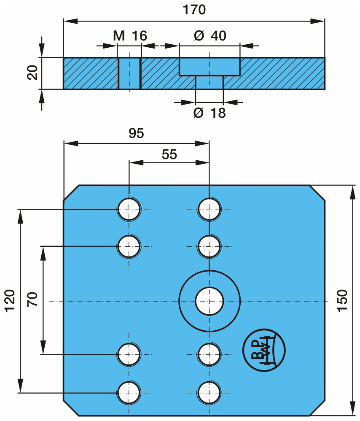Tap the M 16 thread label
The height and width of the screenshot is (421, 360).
coord(130,36)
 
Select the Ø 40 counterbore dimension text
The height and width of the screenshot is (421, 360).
coord(210,36)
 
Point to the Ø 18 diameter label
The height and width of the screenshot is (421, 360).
coord(210,113)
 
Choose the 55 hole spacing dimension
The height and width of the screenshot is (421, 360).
coord(169,154)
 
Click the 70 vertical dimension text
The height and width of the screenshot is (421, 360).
coord(33,300)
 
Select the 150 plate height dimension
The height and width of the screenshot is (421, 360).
coord(342,300)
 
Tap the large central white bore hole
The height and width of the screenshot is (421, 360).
coord(210,301)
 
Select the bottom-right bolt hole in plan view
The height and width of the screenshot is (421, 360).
coord(210,392)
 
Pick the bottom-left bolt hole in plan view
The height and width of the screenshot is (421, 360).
coord(129,392)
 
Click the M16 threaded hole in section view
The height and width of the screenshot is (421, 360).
coord(129,73)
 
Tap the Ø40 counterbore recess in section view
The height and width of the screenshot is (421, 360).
coord(210,66)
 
